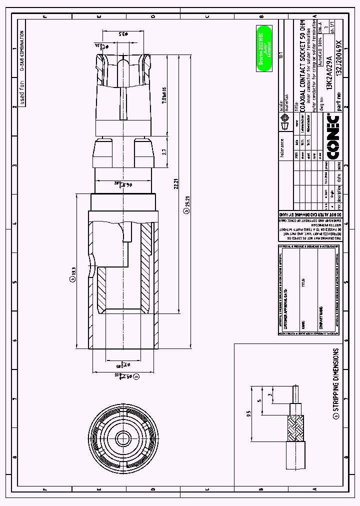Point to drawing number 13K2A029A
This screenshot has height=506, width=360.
[329, 66]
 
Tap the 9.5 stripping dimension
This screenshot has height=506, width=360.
[248, 413]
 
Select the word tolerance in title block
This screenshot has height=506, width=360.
[282, 148]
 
